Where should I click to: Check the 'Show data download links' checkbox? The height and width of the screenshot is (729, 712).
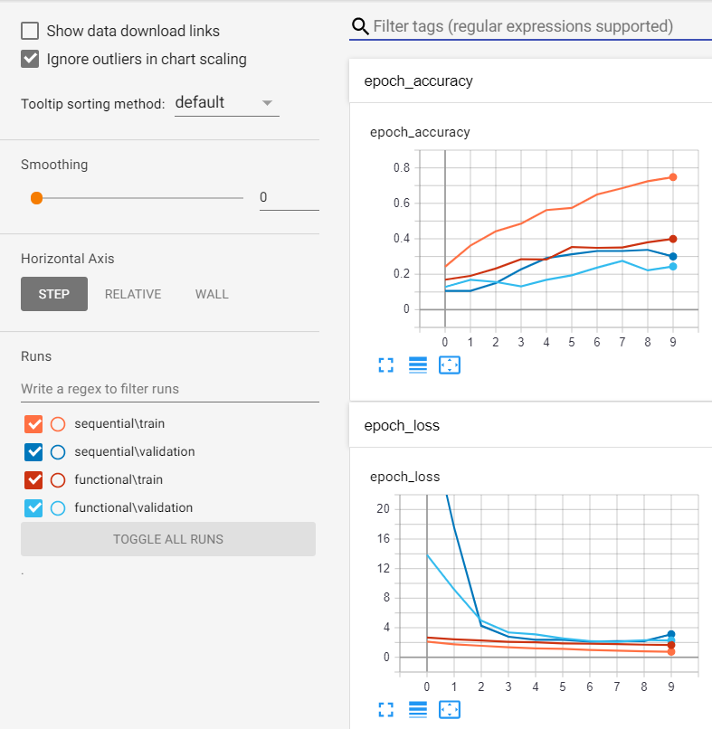(30, 31)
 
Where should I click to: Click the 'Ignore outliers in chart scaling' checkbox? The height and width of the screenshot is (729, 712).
(30, 60)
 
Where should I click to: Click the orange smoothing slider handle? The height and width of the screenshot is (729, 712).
(36, 197)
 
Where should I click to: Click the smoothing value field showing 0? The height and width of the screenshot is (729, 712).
(289, 197)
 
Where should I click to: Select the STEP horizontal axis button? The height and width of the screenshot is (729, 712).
(54, 294)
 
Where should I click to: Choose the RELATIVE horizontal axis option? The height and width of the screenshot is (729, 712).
(133, 294)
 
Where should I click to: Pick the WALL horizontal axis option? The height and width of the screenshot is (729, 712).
(212, 294)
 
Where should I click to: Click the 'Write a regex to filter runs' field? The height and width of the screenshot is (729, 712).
(169, 389)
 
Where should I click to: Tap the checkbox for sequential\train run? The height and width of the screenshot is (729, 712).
(34, 423)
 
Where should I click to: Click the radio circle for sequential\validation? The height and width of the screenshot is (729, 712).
(58, 451)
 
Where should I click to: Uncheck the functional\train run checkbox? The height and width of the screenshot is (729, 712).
(34, 479)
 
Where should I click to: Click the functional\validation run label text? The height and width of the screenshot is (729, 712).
(134, 507)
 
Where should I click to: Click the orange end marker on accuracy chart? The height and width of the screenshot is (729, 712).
(672, 177)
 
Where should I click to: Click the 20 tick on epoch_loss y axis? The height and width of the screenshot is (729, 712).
(383, 509)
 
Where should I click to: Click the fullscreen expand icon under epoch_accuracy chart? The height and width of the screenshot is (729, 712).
(385, 364)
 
